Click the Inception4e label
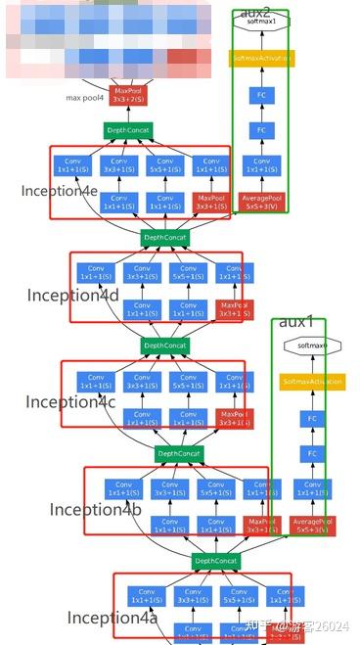[58, 191]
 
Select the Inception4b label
[96, 509]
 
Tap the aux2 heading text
[255, 11]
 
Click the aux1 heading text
[296, 322]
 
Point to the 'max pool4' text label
[85, 98]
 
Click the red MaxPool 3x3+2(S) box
[128, 95]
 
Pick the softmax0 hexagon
[312, 346]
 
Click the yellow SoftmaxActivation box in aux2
[260, 59]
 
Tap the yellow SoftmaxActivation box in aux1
[312, 381]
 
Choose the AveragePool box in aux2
[260, 203]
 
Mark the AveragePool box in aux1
[313, 526]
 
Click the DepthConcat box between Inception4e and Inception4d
[163, 237]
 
